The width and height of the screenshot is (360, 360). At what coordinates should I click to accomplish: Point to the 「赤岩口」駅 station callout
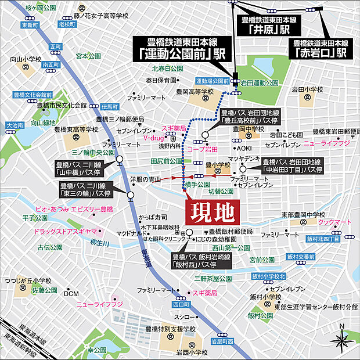click(319, 48)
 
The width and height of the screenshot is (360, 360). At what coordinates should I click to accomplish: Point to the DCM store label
click(71, 293)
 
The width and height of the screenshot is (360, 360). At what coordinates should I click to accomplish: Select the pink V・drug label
click(154, 139)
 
